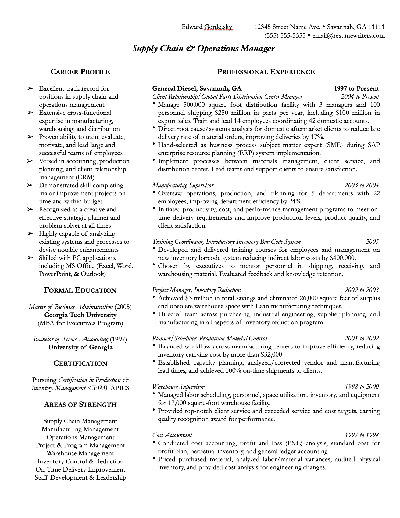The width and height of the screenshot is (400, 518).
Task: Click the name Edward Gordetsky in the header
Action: [x=207, y=27]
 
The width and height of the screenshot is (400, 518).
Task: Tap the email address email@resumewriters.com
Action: [x=348, y=35]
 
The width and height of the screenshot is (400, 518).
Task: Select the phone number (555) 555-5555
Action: [x=285, y=35]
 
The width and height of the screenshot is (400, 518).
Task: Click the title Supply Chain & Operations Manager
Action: [x=203, y=48]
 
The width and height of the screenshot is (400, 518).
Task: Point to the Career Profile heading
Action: [x=80, y=72]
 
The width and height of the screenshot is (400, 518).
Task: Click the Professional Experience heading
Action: [x=266, y=72]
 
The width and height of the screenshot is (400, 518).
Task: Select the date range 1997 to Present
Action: [x=356, y=88]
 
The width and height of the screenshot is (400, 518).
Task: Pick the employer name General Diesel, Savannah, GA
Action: [x=197, y=88]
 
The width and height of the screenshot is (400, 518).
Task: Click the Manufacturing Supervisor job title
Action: [x=183, y=185]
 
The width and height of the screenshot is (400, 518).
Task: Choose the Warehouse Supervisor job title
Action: [x=178, y=387]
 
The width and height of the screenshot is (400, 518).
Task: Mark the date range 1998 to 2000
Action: [x=362, y=387]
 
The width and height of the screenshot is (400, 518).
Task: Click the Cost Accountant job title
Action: [x=172, y=435]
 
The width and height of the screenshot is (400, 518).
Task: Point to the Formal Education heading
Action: [x=80, y=290]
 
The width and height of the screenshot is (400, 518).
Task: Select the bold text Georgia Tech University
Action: [x=80, y=315]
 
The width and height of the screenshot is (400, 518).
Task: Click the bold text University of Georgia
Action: [x=80, y=347]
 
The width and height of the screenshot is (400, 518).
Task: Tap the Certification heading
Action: [x=80, y=363]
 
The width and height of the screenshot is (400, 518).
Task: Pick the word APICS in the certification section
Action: [x=120, y=388]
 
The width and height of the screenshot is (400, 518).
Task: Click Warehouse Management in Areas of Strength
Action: [x=80, y=453]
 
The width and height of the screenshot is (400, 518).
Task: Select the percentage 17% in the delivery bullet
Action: [x=317, y=137]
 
